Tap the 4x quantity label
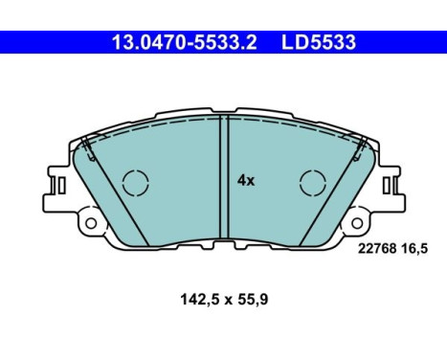245,180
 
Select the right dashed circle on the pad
312,181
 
